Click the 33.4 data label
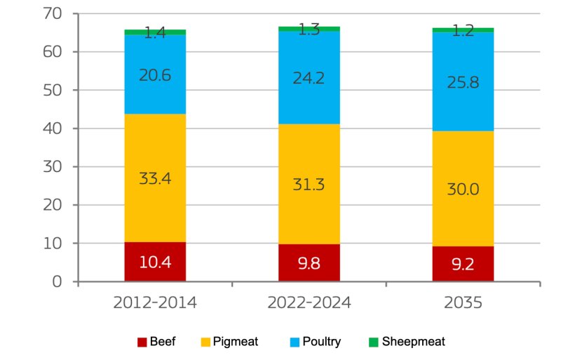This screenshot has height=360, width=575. (x=154, y=178)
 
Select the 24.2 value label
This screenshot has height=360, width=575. (x=309, y=77)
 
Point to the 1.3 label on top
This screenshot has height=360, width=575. (x=309, y=29)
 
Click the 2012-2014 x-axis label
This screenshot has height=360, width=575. (x=155, y=304)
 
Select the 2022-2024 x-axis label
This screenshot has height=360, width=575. (x=309, y=304)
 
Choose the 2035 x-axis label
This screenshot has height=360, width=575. (x=463, y=304)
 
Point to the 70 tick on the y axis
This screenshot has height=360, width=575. (x=52, y=14)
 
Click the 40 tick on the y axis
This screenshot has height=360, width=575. (x=52, y=129)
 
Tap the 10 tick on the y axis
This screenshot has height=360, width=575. (x=52, y=244)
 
